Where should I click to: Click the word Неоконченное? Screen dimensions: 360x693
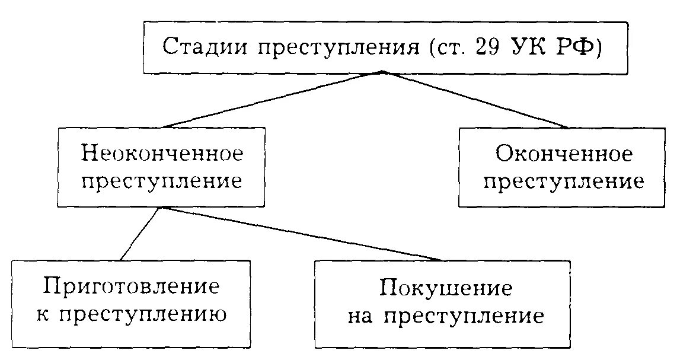(x=162, y=154)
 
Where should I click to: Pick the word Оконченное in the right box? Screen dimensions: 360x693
(x=564, y=155)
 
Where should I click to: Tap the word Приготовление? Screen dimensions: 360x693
(x=131, y=286)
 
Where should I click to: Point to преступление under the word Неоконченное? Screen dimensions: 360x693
(x=162, y=181)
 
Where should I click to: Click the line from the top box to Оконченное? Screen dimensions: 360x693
(x=474, y=100)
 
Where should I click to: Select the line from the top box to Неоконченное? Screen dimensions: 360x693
(x=273, y=100)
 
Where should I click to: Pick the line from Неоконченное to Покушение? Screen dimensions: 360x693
(x=302, y=234)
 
